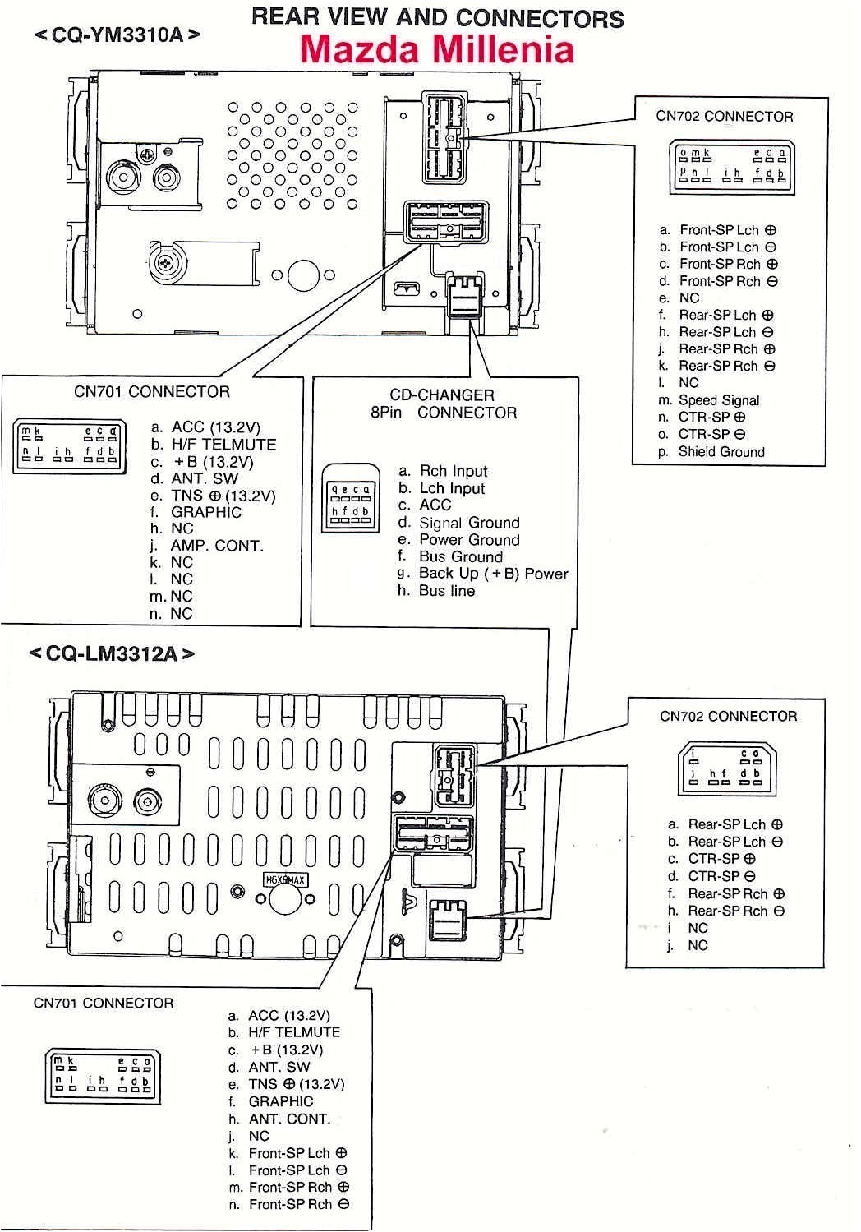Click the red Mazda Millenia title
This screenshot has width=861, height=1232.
[436, 49]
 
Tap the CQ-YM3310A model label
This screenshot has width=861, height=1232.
[117, 35]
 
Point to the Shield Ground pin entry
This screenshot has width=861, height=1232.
[721, 451]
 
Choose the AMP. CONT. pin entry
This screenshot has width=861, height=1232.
[216, 546]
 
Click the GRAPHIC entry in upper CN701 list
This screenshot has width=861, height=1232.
[206, 512]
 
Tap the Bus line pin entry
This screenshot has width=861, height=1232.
[446, 591]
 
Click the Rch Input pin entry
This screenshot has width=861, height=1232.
[453, 471]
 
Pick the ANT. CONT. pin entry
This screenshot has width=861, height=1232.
[289, 1119]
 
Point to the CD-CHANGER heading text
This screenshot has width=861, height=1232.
[442, 395]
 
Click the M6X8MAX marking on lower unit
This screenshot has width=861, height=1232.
[284, 880]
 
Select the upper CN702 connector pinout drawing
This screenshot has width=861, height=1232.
[730, 167]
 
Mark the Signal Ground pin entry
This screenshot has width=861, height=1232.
[468, 523]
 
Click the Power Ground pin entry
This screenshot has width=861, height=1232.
[468, 540]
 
